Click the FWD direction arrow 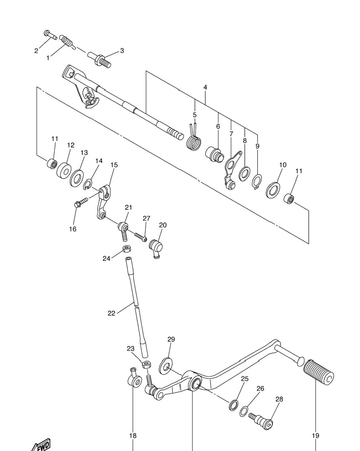42,445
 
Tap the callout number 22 111,319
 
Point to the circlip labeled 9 257,182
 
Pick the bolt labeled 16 81,203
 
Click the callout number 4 205,87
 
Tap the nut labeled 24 127,249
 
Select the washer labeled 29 165,368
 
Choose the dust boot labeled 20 156,249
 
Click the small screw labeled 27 141,237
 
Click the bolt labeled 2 50,35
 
